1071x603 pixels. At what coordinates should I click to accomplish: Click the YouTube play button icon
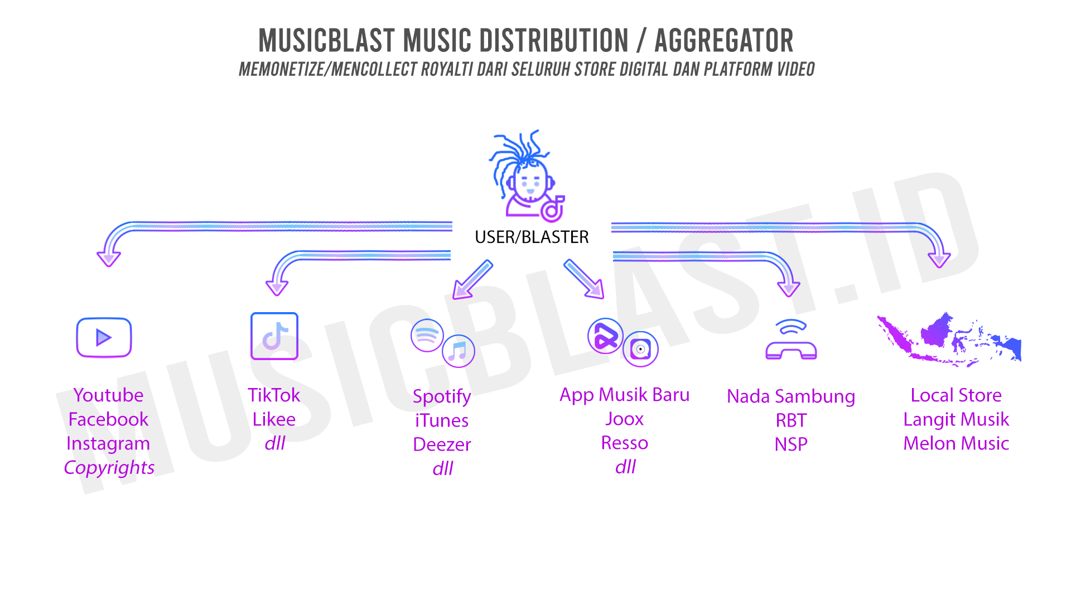click(x=104, y=337)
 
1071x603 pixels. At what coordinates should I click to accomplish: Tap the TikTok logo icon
click(x=274, y=336)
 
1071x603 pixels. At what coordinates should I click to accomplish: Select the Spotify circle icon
click(x=427, y=335)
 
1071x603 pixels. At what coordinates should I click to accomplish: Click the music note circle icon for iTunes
click(x=458, y=351)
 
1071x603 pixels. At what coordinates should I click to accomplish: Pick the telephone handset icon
click(x=791, y=341)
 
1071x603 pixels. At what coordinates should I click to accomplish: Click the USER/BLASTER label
click(x=532, y=237)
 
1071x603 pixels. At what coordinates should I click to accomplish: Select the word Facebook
click(x=108, y=419)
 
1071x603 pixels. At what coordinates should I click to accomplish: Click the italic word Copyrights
click(x=109, y=467)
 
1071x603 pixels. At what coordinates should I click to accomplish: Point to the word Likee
click(x=274, y=419)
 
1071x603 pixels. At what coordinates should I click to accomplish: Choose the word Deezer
click(x=442, y=444)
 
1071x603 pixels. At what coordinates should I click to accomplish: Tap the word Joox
click(x=624, y=419)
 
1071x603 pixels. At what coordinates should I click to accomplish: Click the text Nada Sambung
click(x=790, y=396)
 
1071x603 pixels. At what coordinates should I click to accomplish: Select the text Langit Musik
click(x=956, y=419)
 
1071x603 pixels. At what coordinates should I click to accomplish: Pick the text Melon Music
click(x=956, y=443)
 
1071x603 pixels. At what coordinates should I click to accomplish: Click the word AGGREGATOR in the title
click(x=723, y=41)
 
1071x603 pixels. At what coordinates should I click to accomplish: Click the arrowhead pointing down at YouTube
click(x=109, y=258)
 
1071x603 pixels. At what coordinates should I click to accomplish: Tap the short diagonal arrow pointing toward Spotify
click(x=472, y=280)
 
